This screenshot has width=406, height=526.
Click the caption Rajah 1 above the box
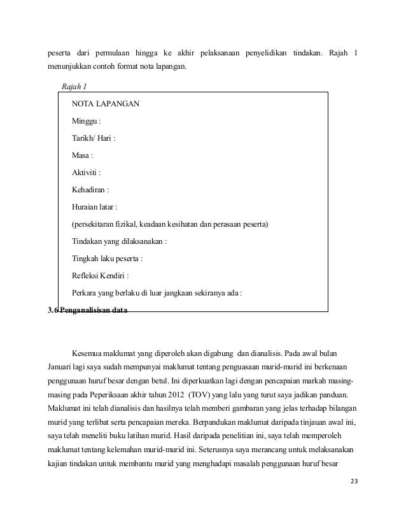(74, 85)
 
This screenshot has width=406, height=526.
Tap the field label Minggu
(86, 120)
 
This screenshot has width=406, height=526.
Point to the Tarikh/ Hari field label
(93, 138)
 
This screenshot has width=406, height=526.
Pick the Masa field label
(83, 155)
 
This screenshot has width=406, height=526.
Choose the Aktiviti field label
(87, 172)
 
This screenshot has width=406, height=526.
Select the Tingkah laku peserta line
(108, 259)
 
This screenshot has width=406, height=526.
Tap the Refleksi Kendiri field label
(101, 276)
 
